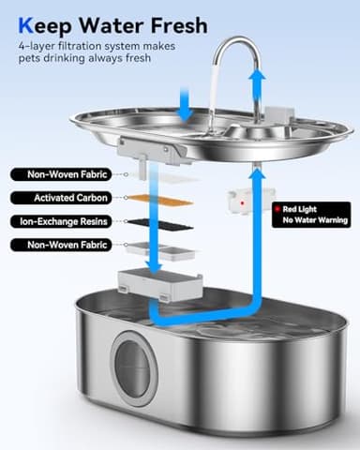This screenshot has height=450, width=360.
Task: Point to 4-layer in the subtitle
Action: tap(35, 45)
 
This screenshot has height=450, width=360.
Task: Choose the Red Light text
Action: tap(300, 209)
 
